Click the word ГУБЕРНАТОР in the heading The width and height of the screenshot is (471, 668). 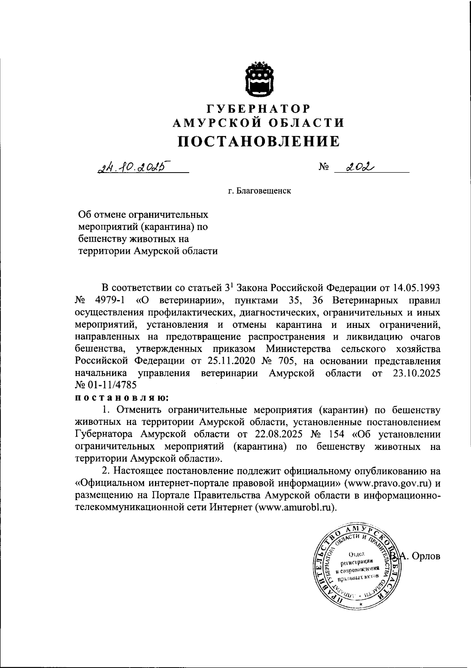coord(259,108)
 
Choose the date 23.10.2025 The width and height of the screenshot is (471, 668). coord(416,373)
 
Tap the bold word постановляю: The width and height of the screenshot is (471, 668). coord(122,397)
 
